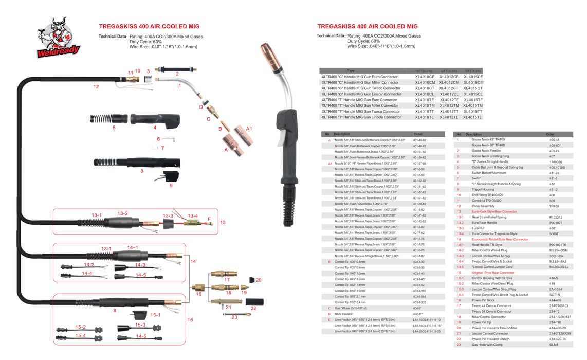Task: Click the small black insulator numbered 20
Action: pyautogui.click(x=252, y=280)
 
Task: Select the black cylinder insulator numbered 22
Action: pyautogui.click(x=254, y=301)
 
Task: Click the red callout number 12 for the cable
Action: pyautogui.click(x=96, y=87)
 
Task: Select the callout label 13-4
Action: pyautogui.click(x=193, y=216)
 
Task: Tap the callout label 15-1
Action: pyautogui.click(x=155, y=315)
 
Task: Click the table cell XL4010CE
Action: pyautogui.click(x=425, y=77)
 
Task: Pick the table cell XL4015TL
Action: pyautogui.click(x=472, y=117)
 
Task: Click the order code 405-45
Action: pyautogui.click(x=554, y=140)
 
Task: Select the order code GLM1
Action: pyautogui.click(x=554, y=345)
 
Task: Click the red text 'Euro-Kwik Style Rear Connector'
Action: pyautogui.click(x=494, y=211)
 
